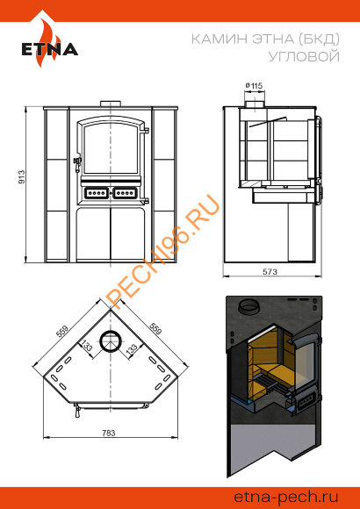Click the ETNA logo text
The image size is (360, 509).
(x=50, y=49)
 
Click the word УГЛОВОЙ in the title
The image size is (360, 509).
(x=304, y=56)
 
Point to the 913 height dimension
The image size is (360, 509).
(x=21, y=176)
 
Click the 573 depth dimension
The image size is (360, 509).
(x=270, y=271)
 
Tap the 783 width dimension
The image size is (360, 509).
(x=109, y=433)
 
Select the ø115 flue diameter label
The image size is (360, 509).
(x=254, y=86)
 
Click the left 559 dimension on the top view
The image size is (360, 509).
(x=62, y=332)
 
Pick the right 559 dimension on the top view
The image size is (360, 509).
(x=155, y=328)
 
